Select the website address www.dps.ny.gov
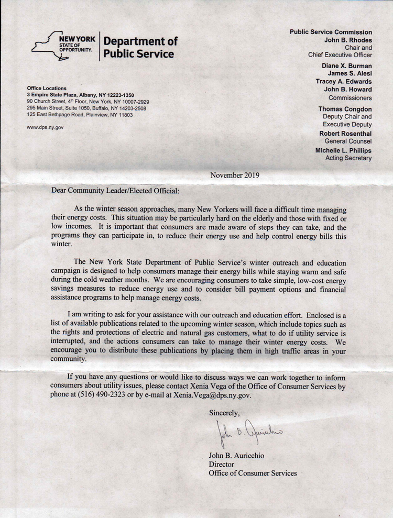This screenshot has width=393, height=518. [45, 127]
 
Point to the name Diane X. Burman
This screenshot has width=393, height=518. [347, 66]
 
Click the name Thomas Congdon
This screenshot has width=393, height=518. [345, 108]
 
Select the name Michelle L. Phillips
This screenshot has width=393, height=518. [343, 150]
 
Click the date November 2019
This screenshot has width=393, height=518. [234, 175]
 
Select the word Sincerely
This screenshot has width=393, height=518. [224, 412]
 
